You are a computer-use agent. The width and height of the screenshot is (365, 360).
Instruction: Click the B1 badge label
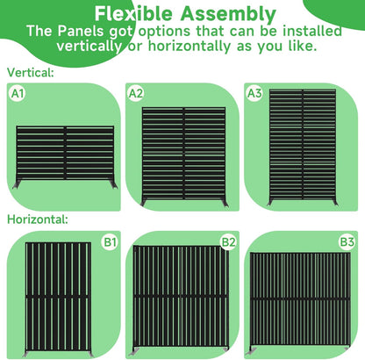(111, 240)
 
